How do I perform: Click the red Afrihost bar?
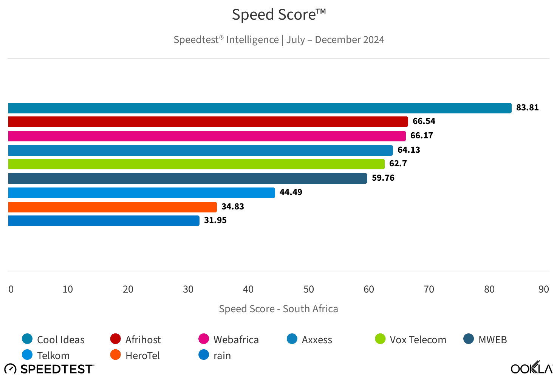coord(208,122)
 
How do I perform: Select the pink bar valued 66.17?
coord(207,136)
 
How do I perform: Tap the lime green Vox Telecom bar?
coord(196,164)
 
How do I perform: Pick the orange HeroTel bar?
coord(112,207)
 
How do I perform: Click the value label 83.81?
coord(527,108)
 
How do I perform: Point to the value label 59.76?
coord(383,178)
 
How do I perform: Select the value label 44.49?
coord(291,192)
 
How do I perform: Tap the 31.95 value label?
coord(215,220)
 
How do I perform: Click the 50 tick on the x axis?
coord(309,290)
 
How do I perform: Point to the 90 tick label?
coord(543,290)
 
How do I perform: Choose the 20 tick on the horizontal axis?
coord(128,290)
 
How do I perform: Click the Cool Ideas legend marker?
coord(27,339)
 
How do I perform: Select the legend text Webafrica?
coord(236,340)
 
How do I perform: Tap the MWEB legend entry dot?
coord(469,339)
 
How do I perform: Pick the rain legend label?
coord(222,356)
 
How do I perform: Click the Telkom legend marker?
coord(27,355)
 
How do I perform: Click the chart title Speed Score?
coord(278,15)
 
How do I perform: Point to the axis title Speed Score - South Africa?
coord(278,309)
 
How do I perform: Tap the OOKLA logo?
coord(531,368)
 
